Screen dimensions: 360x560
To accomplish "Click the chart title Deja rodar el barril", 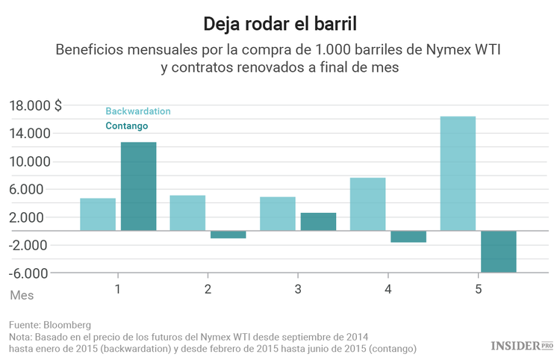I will click(x=280, y=24).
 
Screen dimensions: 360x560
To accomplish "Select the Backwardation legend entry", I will click(x=137, y=111).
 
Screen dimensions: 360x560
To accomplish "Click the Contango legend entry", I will click(x=126, y=126).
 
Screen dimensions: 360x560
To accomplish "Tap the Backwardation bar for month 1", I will click(x=98, y=214).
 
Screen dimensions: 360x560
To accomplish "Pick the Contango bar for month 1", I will click(x=138, y=186).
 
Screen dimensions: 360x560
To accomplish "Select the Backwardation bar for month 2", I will click(x=187, y=213).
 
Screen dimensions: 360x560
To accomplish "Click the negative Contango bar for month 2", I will click(x=228, y=235).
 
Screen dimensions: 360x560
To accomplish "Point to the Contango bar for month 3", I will click(x=318, y=222).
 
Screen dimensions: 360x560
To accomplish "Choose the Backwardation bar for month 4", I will click(x=367, y=204).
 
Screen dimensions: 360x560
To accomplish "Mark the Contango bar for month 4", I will click(x=408, y=237).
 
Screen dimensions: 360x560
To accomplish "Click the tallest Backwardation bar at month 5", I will click(x=458, y=173).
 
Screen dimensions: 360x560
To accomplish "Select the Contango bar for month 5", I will click(x=498, y=252).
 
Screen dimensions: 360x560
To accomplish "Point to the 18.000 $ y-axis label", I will click(x=35, y=105).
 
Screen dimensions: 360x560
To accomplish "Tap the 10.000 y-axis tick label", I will click(x=30, y=161).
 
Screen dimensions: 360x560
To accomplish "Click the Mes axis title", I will click(x=22, y=295).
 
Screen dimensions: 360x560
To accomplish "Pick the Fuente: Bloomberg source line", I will click(x=50, y=325).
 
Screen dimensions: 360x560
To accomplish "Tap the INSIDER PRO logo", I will click(x=521, y=345).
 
